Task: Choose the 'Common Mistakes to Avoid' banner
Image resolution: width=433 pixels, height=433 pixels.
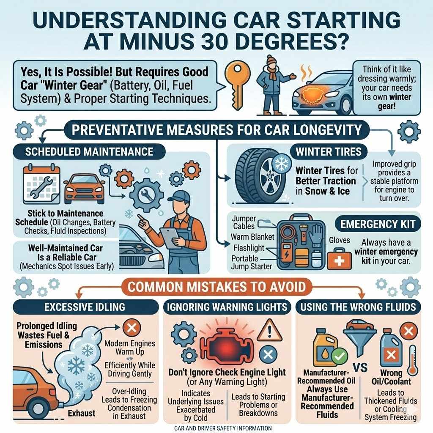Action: [x=216, y=287]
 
